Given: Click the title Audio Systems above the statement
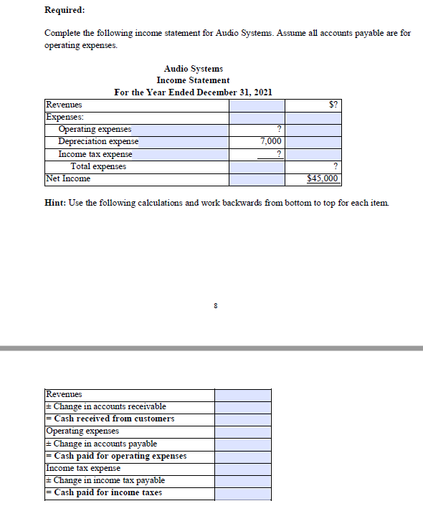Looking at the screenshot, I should click(193, 69).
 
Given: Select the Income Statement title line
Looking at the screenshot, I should click(193, 80).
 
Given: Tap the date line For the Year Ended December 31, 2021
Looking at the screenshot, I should click(193, 92).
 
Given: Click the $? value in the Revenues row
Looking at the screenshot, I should click(333, 105).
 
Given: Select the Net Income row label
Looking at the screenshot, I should click(68, 178).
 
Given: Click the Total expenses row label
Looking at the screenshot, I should click(98, 166).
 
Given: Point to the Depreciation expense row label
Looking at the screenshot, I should click(98, 142).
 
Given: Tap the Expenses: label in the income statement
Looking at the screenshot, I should click(64, 117).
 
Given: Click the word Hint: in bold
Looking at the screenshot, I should click(55, 204).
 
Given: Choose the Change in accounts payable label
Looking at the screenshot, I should click(101, 444).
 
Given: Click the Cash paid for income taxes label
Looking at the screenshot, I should click(104, 492).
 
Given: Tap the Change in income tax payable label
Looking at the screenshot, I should click(105, 480).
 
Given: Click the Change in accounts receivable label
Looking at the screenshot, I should click(106, 406).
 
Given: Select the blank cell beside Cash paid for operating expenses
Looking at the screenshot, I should click(242, 456).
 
